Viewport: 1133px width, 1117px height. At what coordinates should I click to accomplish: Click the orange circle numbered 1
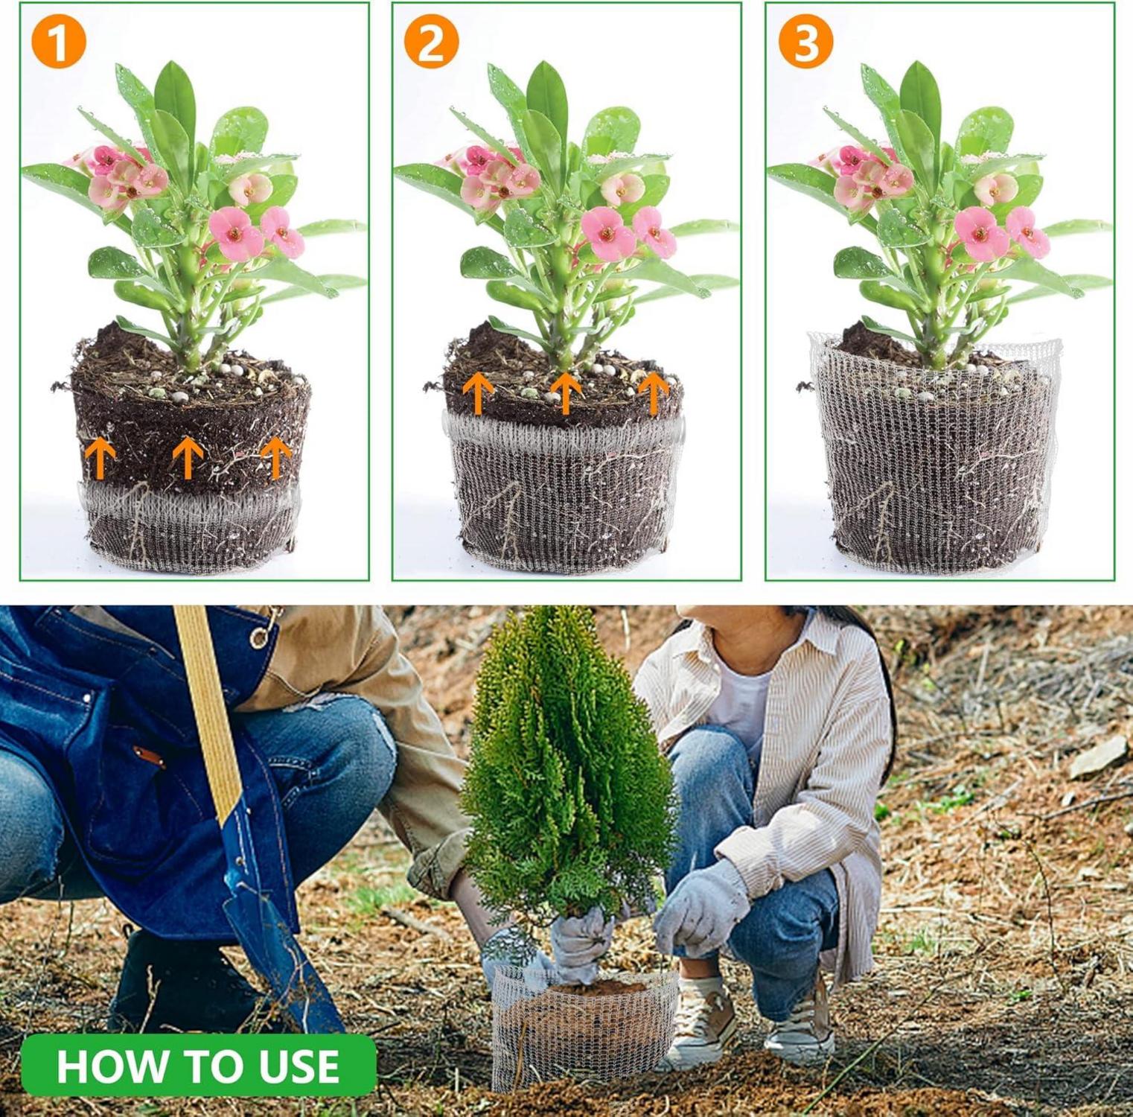[x=59, y=41]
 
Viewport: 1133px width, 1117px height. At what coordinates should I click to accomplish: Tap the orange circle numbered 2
[x=432, y=41]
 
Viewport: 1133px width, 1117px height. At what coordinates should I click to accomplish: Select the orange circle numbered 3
[x=805, y=41]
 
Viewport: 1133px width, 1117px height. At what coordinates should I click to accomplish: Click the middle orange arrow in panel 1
[x=188, y=457]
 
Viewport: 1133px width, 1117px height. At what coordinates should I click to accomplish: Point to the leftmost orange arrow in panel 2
[x=478, y=393]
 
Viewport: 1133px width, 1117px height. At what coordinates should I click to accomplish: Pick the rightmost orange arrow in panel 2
[x=654, y=393]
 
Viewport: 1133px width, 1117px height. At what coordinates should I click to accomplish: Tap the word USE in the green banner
[x=298, y=1066]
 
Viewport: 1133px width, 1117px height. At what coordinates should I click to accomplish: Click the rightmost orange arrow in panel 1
[x=275, y=457]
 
